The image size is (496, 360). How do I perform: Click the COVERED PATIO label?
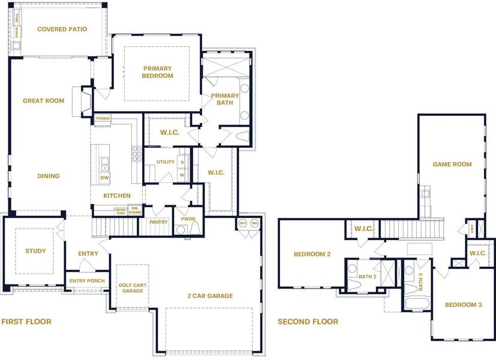pos(62,29)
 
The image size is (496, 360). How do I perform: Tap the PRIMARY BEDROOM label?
pos(157,71)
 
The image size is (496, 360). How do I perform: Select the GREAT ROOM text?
pos(43,101)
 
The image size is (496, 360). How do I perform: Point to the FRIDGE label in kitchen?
pos(102,119)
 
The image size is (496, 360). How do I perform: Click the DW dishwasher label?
pos(104,178)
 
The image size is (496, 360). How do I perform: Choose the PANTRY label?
pos(159,222)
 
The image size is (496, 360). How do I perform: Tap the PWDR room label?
pos(188,219)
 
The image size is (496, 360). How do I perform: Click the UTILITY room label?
pos(166,162)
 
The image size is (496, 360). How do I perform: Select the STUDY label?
pos(35,251)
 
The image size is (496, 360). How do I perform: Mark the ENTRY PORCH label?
pos(87,281)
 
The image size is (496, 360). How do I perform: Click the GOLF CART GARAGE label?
pos(133,287)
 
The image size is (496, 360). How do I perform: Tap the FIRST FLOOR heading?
pos(26,322)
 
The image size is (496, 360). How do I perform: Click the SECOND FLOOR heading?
pos(308,322)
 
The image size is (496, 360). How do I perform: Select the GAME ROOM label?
pos(452,164)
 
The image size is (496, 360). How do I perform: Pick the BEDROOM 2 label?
pos(312,254)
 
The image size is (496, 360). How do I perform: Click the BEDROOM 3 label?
pos(463,305)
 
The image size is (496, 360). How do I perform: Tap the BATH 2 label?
pos(368,277)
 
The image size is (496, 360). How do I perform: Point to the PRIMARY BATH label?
pos(225,99)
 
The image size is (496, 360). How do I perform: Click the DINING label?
pos(48,176)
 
